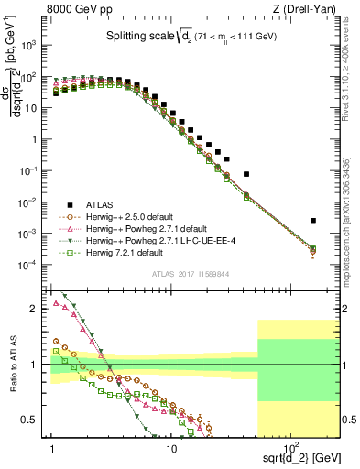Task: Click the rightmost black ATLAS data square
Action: tap(313, 220)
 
